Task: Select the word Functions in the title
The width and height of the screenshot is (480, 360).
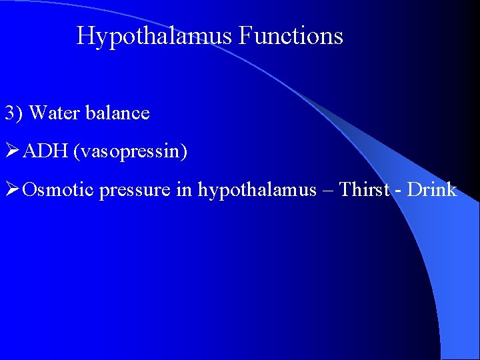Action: [290, 35]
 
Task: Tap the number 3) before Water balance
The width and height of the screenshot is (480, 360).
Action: [14, 113]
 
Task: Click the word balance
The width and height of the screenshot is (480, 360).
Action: [117, 113]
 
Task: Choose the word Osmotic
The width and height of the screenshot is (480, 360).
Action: [58, 190]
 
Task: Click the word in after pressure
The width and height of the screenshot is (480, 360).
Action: [185, 190]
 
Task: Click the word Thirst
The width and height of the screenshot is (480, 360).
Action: [364, 190]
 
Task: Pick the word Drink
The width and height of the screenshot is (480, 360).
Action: [432, 190]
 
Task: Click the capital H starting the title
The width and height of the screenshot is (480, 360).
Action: [85, 35]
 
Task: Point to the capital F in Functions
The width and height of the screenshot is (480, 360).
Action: [244, 35]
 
